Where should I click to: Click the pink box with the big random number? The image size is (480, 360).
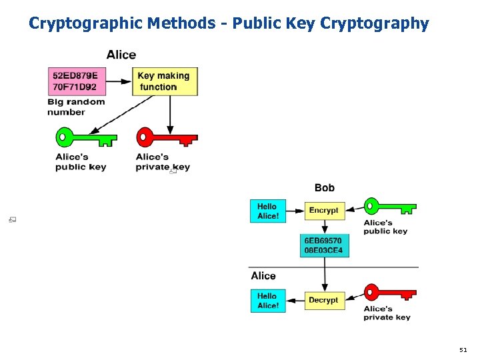pyautogui.click(x=75, y=81)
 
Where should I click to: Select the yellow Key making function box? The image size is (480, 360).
pyautogui.click(x=165, y=81)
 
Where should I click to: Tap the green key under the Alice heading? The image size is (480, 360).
pyautogui.click(x=85, y=139)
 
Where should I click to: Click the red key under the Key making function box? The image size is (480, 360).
pyautogui.click(x=167, y=139)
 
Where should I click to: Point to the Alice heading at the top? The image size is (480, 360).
pyautogui.click(x=121, y=55)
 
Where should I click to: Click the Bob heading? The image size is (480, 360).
pyautogui.click(x=325, y=188)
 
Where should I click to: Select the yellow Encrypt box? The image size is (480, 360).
pyautogui.click(x=324, y=211)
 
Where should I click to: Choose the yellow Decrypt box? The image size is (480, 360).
pyautogui.click(x=324, y=300)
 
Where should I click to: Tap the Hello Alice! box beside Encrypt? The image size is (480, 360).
pyautogui.click(x=268, y=211)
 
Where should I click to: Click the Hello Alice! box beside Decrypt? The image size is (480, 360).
pyautogui.click(x=268, y=300)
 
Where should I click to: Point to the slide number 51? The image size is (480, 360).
pyautogui.click(x=463, y=349)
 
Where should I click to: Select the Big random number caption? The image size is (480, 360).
pyautogui.click(x=76, y=107)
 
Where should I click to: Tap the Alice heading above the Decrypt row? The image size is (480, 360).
pyautogui.click(x=263, y=276)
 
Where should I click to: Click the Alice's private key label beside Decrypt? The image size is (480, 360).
pyautogui.click(x=387, y=313)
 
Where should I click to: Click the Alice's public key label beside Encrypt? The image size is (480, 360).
pyautogui.click(x=385, y=227)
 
